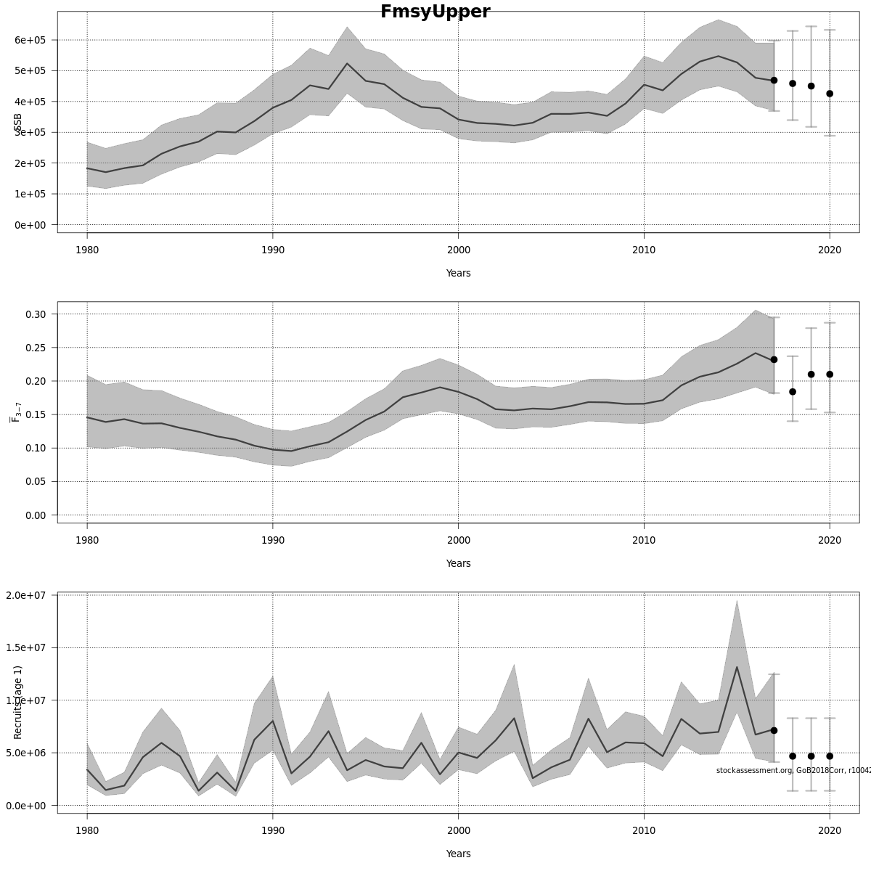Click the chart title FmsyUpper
(x=435, y=12)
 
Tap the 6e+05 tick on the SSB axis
(x=30, y=40)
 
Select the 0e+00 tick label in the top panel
(x=30, y=225)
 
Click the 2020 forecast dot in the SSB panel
(x=830, y=94)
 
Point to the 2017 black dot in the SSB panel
(x=774, y=81)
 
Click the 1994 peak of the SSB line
(x=347, y=64)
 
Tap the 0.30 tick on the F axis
(x=35, y=314)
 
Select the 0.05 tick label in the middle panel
(x=35, y=481)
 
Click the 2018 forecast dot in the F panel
(x=793, y=392)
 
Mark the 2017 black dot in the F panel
(x=774, y=359)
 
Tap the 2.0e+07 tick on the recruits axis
(x=26, y=595)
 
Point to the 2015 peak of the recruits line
(x=737, y=667)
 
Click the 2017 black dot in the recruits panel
(x=774, y=730)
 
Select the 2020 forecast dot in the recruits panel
(x=830, y=756)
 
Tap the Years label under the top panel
(x=458, y=274)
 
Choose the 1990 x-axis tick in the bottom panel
(x=273, y=830)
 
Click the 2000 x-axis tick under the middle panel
(x=458, y=540)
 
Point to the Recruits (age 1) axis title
(x=18, y=702)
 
